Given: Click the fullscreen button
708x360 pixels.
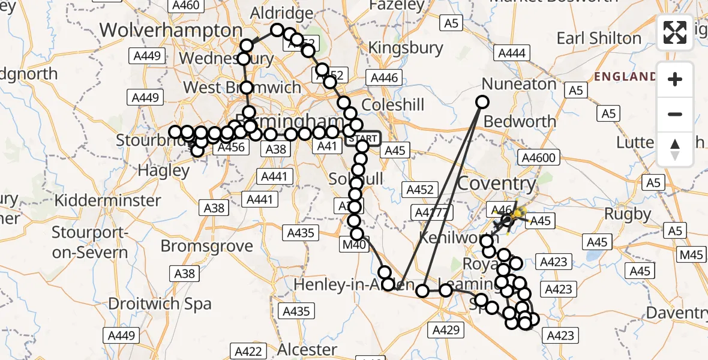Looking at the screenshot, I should point(675,32).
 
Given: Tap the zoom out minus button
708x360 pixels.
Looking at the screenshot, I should point(675,114).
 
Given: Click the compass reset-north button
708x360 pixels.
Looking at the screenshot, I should point(675,149).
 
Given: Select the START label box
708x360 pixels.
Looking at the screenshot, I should point(362,139).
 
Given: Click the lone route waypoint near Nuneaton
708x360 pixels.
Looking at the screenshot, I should point(482,102).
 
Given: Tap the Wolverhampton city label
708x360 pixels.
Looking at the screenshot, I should point(171,30).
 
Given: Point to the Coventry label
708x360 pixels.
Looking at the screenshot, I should point(496,184).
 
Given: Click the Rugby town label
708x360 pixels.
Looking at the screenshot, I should point(628,214).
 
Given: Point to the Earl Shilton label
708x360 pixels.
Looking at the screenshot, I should point(599,38).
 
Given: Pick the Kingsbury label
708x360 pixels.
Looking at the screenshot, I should point(406,47).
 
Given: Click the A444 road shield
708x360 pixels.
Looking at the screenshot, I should point(511,53).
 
